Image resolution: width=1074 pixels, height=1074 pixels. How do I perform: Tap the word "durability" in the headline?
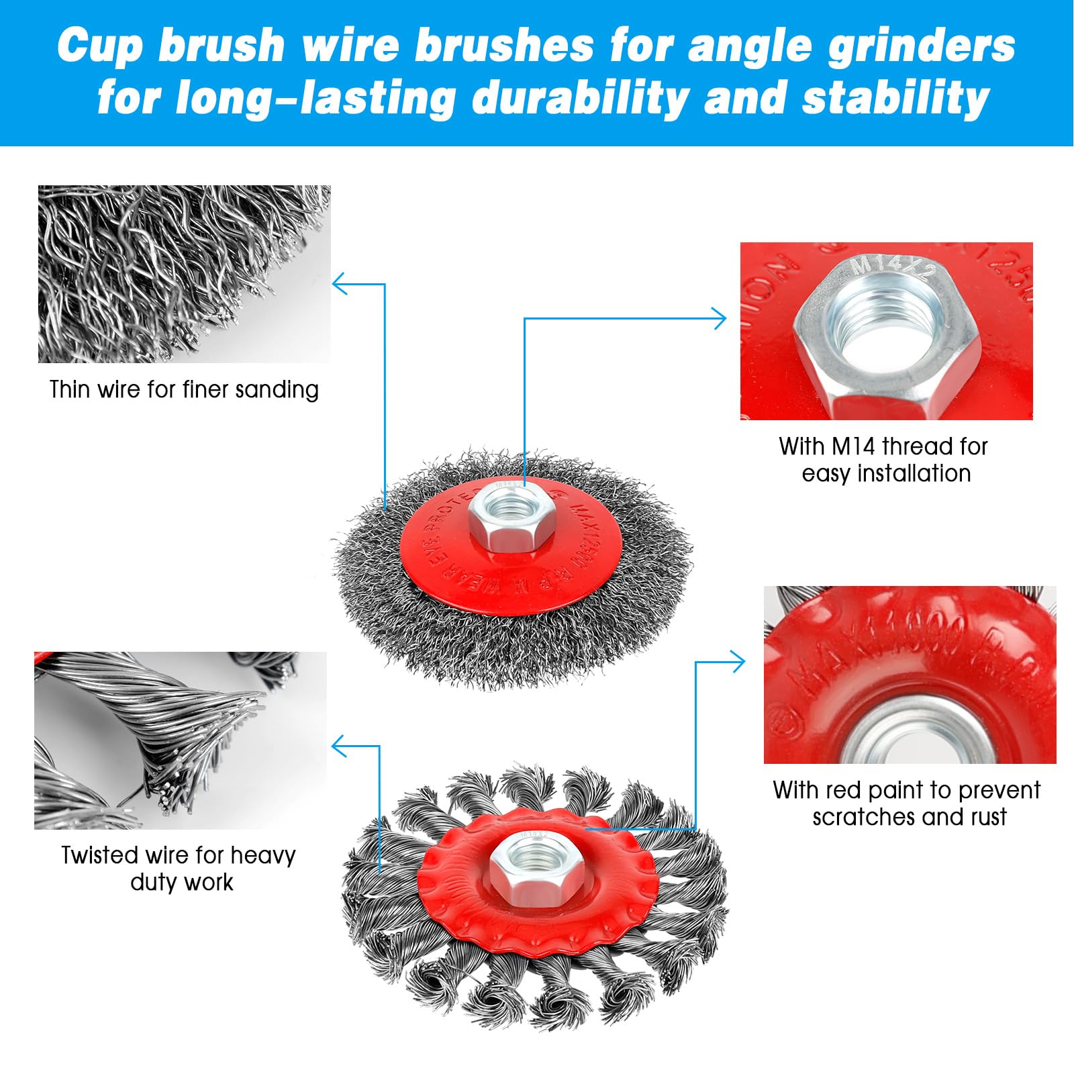581,98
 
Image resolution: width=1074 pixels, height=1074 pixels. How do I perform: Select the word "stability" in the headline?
895,98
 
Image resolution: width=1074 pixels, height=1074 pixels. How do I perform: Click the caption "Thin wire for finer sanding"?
184,389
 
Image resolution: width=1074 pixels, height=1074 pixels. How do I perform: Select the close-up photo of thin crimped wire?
184,274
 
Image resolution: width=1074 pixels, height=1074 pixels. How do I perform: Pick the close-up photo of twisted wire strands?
180,740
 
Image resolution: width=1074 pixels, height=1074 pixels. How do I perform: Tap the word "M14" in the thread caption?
854,446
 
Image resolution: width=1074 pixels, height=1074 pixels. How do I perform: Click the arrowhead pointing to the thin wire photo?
338,284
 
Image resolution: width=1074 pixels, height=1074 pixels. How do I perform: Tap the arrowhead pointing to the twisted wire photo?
338,746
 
